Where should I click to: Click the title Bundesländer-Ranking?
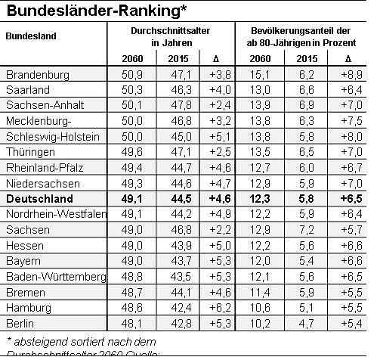pyautogui.click(x=97, y=11)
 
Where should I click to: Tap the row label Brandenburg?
pyautogui.click(x=37, y=75)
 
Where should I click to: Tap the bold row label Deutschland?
pyautogui.click(x=39, y=199)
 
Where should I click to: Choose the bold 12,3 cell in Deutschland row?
pyautogui.click(x=259, y=199)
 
